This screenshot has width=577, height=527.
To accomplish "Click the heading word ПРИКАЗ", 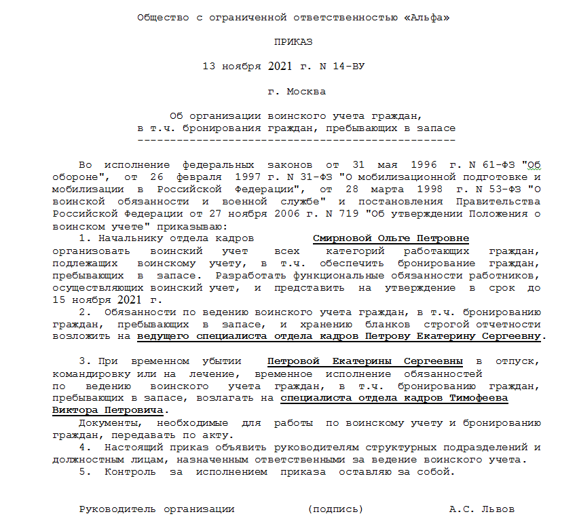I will click(293, 42).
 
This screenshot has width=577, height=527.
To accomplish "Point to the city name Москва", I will click(306, 91).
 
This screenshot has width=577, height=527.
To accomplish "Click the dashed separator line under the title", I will click(296, 140).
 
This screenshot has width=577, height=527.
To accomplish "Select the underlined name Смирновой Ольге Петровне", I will click(391, 238).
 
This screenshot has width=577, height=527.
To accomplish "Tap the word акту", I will click(220, 435).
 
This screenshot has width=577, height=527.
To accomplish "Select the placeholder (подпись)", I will click(335, 509).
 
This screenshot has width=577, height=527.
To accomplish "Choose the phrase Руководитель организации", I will click(157, 509).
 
